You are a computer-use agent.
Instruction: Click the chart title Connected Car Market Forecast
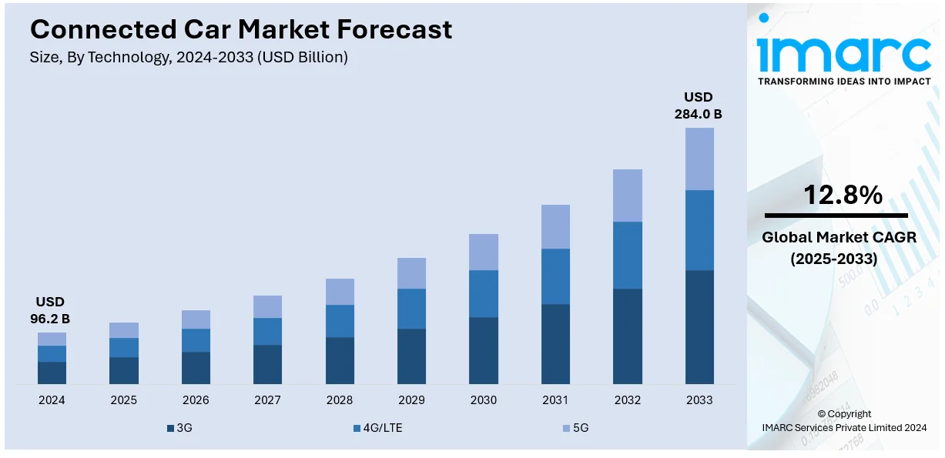(241, 29)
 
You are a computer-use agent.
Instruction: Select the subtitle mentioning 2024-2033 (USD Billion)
(189, 58)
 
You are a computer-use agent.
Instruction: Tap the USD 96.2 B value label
(51, 309)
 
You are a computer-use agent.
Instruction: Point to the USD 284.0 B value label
(699, 105)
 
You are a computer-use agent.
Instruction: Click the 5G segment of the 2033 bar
(699, 159)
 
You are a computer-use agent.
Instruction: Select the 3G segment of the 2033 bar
(699, 326)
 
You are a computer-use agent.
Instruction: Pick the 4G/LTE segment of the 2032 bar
(627, 255)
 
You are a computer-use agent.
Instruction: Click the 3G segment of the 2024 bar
(52, 373)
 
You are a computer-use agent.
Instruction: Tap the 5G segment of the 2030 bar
(483, 252)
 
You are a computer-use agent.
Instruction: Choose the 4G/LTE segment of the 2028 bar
(340, 321)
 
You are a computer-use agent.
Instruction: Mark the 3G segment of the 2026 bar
(196, 368)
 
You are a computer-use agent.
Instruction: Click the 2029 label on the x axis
(411, 400)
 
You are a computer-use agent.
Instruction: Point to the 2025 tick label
(123, 400)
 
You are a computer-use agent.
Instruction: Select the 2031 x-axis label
(555, 400)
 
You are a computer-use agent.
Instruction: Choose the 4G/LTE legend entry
(377, 427)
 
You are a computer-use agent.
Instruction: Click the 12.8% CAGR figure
(843, 196)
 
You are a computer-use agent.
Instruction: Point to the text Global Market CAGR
(839, 238)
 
